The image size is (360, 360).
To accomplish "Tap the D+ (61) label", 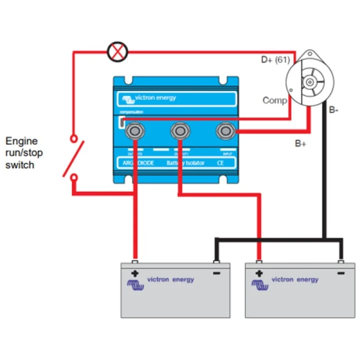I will coord(275,59).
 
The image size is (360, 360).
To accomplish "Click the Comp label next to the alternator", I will coord(274,100).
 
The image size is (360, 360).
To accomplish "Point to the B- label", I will coord(333,110).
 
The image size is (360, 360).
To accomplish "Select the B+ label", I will coord(301,144).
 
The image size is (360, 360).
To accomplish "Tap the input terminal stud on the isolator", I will coord(224,131).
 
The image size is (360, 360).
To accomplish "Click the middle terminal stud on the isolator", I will coord(179,131).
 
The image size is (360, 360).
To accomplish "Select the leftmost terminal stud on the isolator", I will coord(134,131).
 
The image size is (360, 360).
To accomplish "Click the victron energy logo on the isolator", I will coord(149,98).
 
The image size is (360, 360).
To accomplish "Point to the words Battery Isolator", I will coord(185,163).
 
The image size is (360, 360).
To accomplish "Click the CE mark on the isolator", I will coord(220,163).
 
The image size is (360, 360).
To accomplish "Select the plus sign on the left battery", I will coord(135,273).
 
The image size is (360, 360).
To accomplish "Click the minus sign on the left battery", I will coord(217,273).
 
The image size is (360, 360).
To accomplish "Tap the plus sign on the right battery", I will coord(259,273).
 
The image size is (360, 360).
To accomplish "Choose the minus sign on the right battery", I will coord(341,273).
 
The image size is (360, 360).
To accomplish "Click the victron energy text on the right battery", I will coord(295,279).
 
